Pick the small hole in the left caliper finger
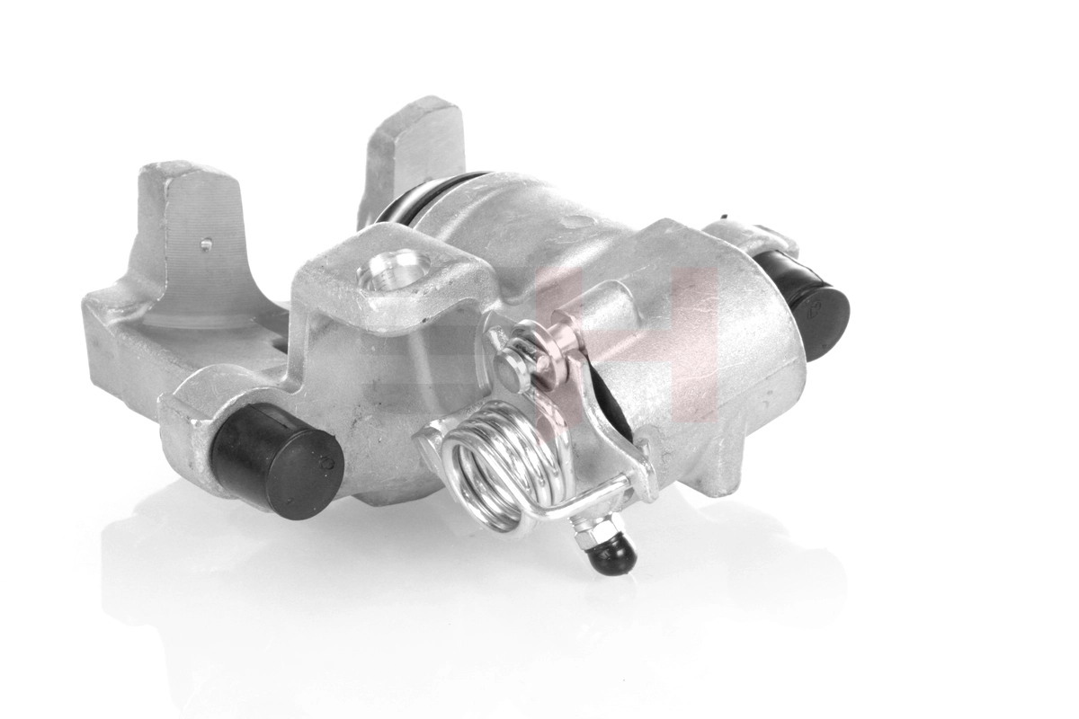tap(206, 243)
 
